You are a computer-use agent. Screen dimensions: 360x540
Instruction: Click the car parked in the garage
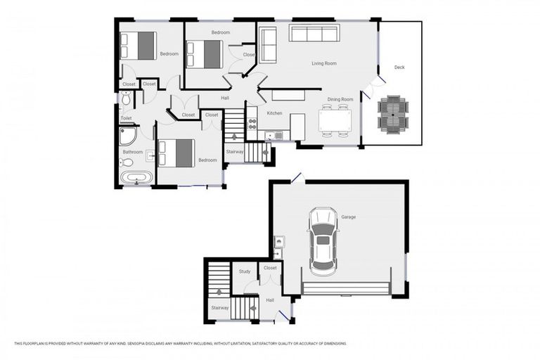323,240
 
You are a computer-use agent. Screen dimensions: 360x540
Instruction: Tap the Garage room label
348,217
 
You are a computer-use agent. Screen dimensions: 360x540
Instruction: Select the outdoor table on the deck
392,114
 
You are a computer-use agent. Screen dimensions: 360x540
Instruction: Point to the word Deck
399,67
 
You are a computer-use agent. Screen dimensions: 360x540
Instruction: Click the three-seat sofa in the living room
314,34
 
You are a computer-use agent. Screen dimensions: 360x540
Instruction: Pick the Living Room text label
324,63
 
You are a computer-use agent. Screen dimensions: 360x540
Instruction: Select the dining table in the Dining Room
334,120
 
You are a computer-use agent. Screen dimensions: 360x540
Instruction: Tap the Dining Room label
340,99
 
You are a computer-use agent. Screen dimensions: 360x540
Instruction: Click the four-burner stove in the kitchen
252,124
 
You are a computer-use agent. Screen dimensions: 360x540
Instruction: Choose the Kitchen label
274,113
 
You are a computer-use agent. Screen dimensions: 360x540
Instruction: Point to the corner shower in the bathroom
127,136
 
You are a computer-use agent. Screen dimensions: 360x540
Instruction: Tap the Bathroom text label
133,152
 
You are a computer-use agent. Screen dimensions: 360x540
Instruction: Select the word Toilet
126,118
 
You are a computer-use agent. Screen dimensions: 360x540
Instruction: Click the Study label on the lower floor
245,271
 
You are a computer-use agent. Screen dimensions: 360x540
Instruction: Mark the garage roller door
345,288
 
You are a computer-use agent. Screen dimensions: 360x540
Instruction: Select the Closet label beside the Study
270,268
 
